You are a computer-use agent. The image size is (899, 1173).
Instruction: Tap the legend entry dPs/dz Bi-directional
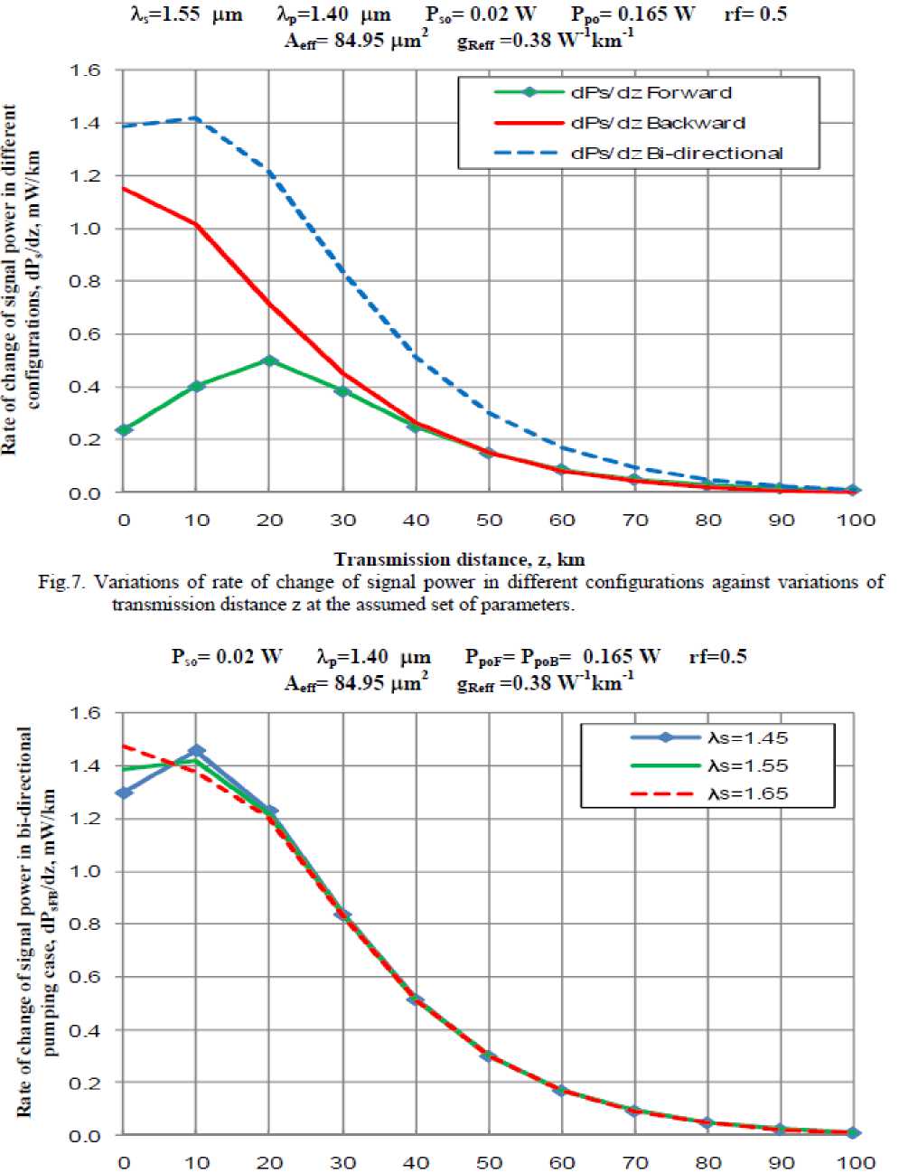pos(676,152)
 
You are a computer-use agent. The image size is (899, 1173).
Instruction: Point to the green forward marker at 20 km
pos(268,361)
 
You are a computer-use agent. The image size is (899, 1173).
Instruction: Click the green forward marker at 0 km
pos(124,429)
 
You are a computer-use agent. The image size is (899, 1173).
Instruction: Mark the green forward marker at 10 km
pos(196,386)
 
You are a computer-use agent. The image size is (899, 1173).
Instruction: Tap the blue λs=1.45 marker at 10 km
pos(196,751)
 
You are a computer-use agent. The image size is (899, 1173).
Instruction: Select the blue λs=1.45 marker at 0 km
pos(124,793)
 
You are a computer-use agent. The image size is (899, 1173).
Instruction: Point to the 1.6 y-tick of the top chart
pos(86,70)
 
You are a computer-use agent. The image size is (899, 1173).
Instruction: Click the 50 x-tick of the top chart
pos(489,520)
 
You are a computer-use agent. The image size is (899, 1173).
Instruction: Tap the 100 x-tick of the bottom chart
pos(854,1162)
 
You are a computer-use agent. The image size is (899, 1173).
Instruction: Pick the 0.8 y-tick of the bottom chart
pos(86,924)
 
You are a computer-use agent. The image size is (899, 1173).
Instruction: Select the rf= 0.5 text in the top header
pos(754,14)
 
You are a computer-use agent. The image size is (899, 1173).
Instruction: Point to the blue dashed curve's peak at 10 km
pos(196,118)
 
